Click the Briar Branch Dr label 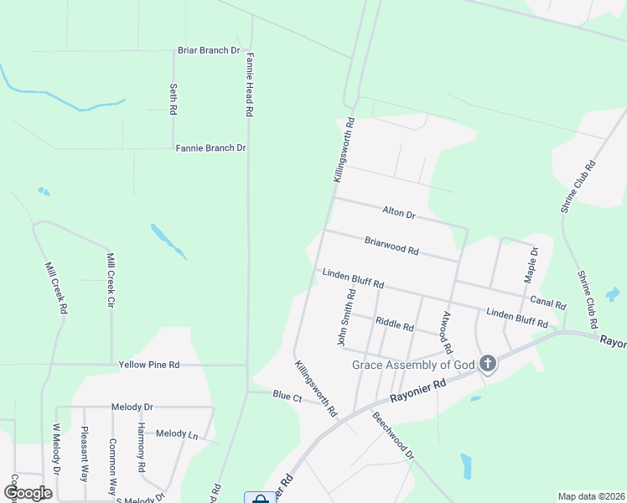(209, 50)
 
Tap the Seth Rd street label (174, 99)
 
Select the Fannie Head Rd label (250, 85)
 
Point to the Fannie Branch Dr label (210, 148)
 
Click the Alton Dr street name (398, 214)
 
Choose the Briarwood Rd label (391, 246)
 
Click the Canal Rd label (548, 303)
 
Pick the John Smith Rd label (346, 318)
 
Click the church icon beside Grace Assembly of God (488, 364)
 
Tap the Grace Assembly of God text (413, 365)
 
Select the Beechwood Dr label (393, 436)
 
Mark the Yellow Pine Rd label (149, 365)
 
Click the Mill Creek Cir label (110, 280)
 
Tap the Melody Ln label (177, 433)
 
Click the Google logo (27, 493)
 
